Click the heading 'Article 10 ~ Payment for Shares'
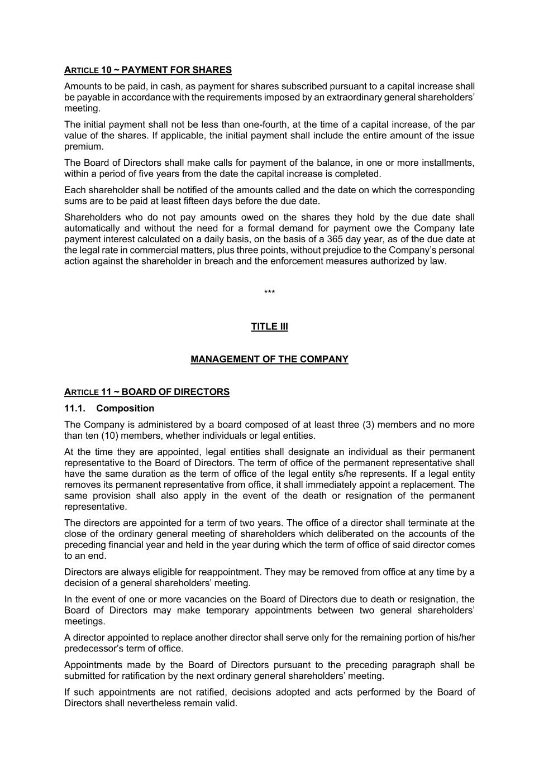coord(147,70)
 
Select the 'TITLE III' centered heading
coord(269,327)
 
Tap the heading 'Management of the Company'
coord(269,360)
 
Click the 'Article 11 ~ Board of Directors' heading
coord(146,392)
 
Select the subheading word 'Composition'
coord(125,409)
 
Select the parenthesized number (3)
coord(368,425)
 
